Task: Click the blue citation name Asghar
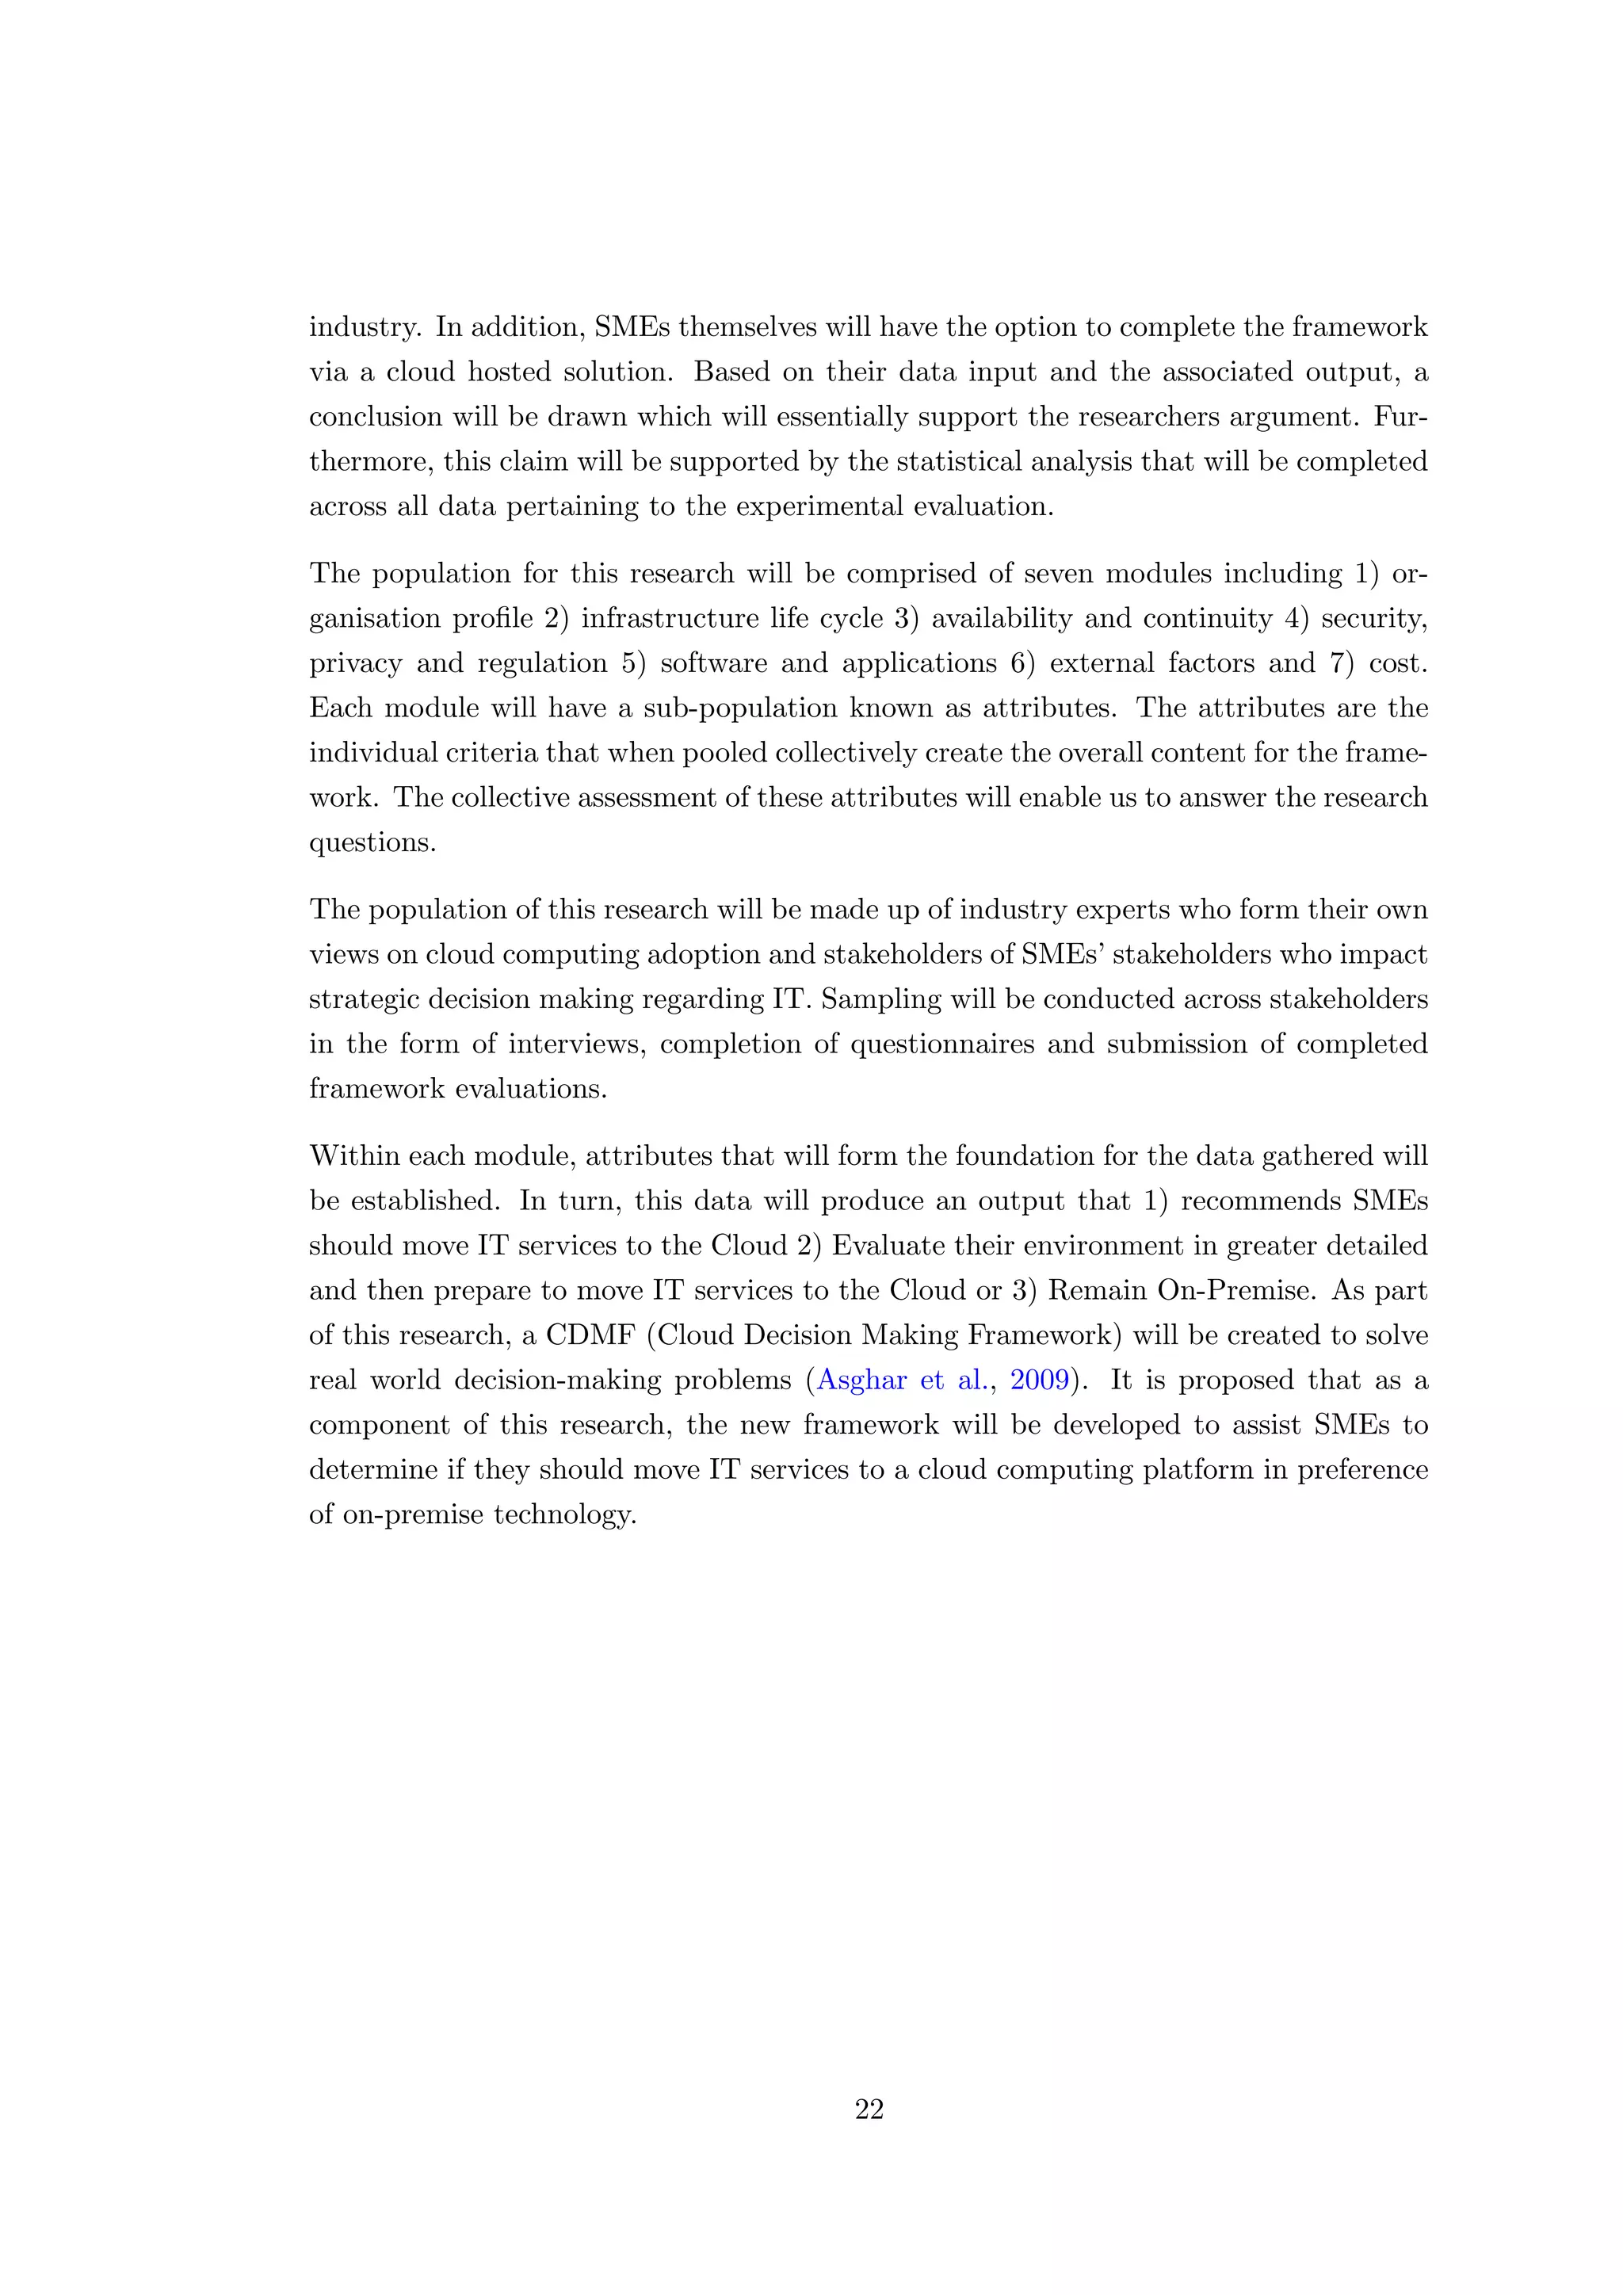tap(861, 1380)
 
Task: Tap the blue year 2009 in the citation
tap(1040, 1380)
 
